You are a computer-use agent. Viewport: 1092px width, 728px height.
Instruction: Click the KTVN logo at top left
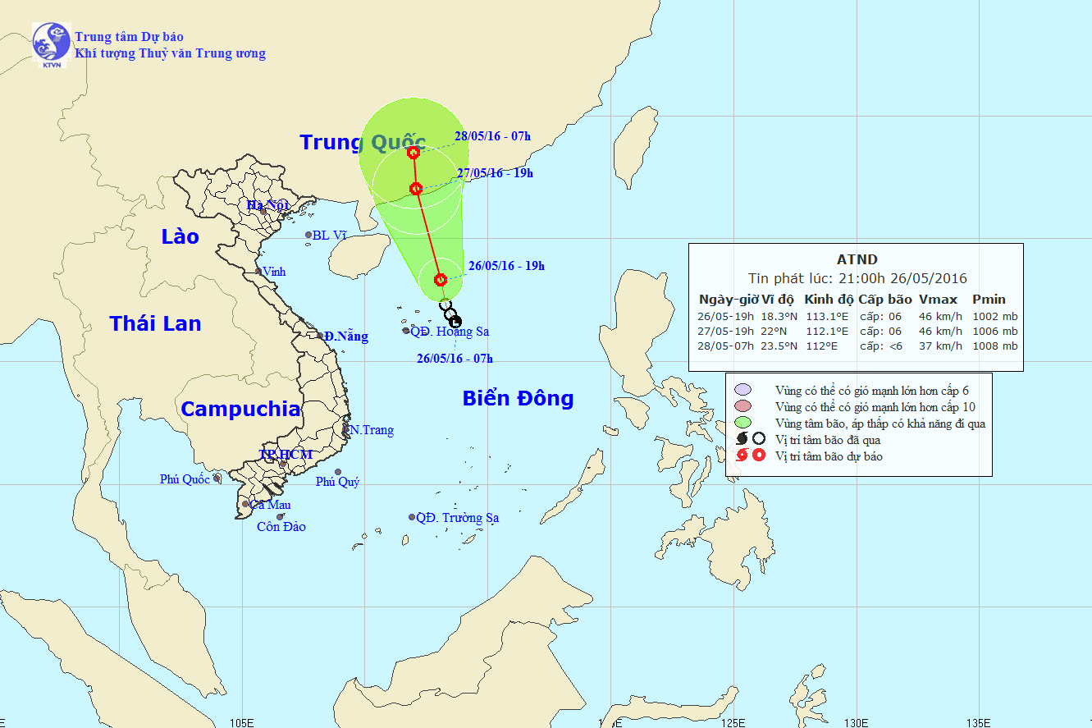(x=51, y=44)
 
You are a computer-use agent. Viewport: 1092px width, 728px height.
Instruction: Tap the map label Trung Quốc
(x=362, y=142)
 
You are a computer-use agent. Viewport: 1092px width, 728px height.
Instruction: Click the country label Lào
(x=180, y=236)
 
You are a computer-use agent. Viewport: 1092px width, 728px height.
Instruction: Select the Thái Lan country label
(x=156, y=323)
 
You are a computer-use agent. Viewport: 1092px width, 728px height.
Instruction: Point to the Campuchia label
(x=240, y=409)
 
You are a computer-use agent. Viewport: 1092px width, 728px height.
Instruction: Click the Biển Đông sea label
(x=518, y=399)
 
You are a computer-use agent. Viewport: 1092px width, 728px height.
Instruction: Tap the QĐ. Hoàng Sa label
(x=450, y=332)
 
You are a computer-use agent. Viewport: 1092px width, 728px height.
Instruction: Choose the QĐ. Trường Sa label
(x=457, y=518)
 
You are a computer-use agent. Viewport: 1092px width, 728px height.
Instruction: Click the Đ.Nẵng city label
(x=345, y=337)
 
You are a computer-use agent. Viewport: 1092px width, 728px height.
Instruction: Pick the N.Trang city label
(x=371, y=430)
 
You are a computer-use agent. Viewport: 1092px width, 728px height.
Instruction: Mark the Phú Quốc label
(x=185, y=479)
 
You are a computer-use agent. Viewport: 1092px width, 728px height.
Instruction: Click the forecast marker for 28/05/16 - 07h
(x=413, y=152)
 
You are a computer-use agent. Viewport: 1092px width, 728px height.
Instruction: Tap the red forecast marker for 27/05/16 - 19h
(x=416, y=189)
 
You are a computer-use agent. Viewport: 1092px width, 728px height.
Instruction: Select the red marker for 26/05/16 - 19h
(x=441, y=279)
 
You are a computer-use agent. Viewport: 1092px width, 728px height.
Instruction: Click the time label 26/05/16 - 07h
(x=455, y=358)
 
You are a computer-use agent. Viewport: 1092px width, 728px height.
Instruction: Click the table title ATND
(x=857, y=260)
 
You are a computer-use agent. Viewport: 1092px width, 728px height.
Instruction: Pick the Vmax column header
(x=938, y=300)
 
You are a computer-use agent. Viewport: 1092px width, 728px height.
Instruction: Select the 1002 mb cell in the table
(x=994, y=316)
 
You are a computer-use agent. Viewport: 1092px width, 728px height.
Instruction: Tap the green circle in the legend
(x=742, y=424)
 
